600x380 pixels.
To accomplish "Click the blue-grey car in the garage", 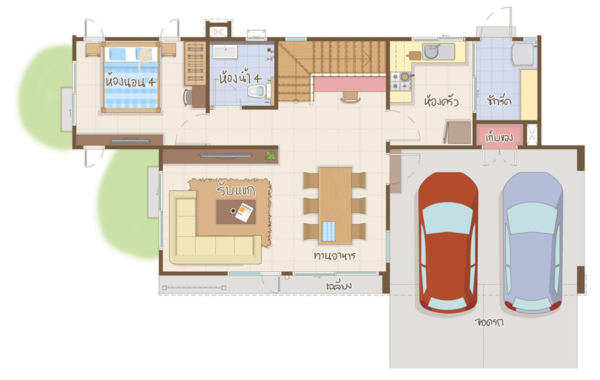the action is (x=533, y=243).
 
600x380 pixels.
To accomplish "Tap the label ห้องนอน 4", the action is (x=131, y=81).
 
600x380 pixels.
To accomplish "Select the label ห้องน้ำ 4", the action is (x=240, y=78).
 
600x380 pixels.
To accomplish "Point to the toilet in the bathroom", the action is (x=257, y=91).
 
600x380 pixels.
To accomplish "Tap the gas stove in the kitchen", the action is (x=401, y=81).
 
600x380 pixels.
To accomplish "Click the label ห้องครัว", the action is (x=441, y=101).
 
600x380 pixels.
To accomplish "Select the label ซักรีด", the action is (x=499, y=100).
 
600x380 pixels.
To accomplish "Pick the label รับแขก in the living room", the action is (x=236, y=189).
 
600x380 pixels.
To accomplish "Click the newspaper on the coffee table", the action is (x=244, y=213).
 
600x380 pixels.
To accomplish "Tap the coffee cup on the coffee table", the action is (x=233, y=211).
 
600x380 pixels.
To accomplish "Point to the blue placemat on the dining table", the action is (x=328, y=231).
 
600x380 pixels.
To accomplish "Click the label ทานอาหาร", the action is (x=335, y=255).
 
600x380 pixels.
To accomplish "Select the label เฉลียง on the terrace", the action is (x=339, y=286).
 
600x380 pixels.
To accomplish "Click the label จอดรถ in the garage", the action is (x=489, y=322).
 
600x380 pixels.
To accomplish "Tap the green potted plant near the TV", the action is (x=271, y=156).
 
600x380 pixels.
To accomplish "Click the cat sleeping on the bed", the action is (x=144, y=58).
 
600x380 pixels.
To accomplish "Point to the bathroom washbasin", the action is (x=225, y=51).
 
